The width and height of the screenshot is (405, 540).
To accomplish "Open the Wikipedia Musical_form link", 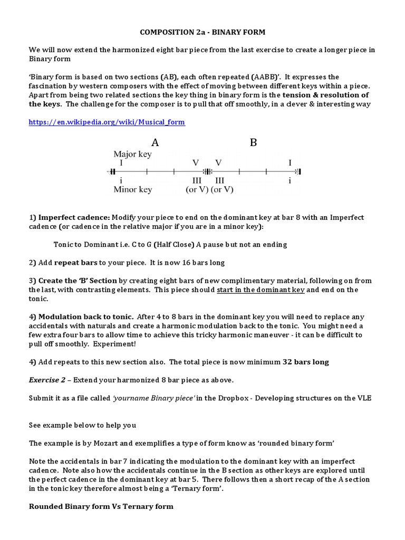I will pos(107,122).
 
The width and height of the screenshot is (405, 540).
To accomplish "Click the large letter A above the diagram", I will pos(155,142).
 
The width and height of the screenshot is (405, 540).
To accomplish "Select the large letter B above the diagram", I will pos(253,142).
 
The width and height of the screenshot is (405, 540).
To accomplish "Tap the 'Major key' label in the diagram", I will pos(132,154).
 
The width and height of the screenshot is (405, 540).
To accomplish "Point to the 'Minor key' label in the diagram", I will pos(132,189).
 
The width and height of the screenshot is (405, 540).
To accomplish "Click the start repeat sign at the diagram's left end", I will pos(112,171).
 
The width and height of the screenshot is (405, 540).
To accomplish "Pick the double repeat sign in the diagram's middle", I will pos(207,171).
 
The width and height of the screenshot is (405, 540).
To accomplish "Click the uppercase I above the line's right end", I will pos(290,163).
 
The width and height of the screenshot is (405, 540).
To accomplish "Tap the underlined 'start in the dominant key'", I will pos(261,290).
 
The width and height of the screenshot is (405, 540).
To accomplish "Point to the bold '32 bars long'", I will pos(306,362).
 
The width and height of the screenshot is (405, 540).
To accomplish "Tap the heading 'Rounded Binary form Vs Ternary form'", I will pos(101,506).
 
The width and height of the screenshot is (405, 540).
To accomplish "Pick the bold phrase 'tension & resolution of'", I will pos(325,95).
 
